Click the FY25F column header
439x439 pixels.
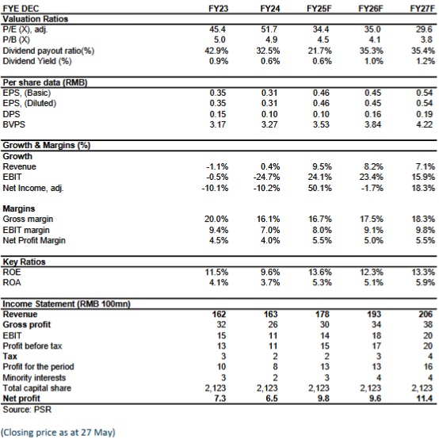point(319,9)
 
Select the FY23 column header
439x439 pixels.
point(219,9)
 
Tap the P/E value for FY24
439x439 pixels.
point(270,29)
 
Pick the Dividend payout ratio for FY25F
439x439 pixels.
point(319,51)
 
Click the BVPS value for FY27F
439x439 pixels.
point(425,124)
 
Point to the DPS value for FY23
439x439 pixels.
point(218,114)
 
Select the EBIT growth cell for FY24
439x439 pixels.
point(266,177)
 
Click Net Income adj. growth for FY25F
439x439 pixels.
point(319,188)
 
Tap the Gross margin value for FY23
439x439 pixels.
point(216,219)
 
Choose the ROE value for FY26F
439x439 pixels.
point(371,272)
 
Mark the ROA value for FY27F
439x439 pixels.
point(426,282)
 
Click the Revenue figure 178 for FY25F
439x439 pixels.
point(323,314)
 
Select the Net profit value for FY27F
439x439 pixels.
point(425,398)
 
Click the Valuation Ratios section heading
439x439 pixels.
point(36,19)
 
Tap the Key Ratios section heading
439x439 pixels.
point(24,261)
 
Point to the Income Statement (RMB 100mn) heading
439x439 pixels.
point(67,303)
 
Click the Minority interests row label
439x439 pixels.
point(34,377)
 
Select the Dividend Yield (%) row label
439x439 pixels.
point(37,61)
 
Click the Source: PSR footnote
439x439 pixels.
point(27,410)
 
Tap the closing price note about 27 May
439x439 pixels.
point(58,433)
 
